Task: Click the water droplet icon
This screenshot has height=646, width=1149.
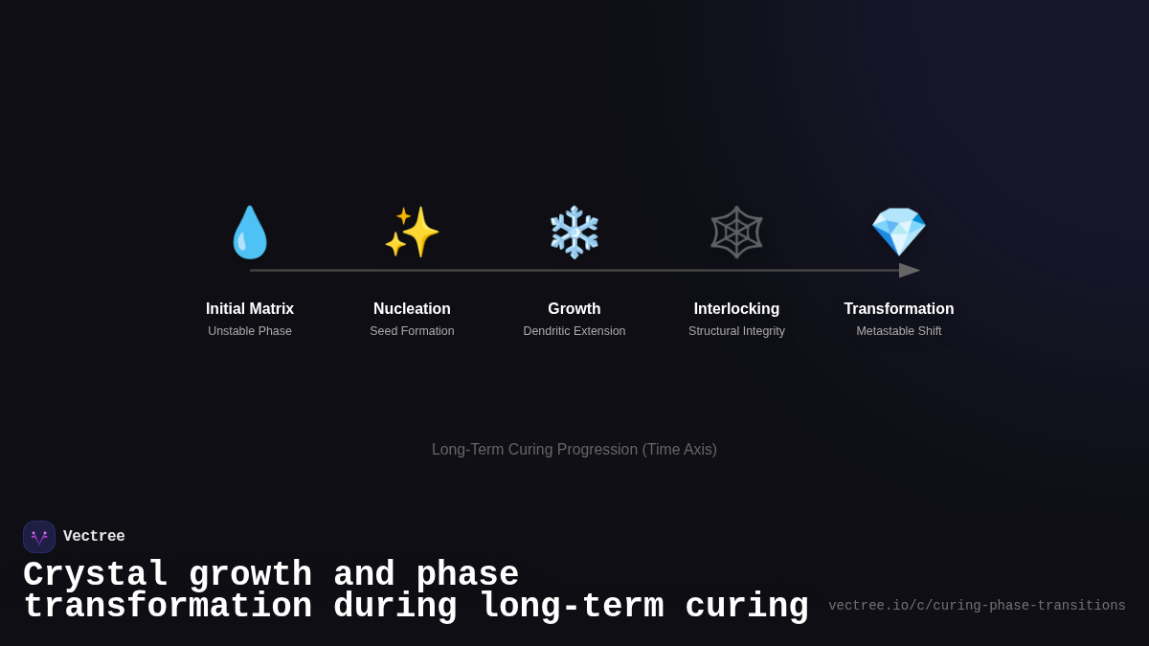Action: pos(250,233)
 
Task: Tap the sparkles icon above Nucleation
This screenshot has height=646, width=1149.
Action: pos(412,232)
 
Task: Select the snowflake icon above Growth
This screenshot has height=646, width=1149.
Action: pos(574,232)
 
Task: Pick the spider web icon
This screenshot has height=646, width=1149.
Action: pos(736,232)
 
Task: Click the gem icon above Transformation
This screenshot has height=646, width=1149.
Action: pos(898,232)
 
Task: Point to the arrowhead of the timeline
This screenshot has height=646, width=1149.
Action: pos(910,271)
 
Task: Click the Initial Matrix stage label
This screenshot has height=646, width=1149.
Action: pos(250,309)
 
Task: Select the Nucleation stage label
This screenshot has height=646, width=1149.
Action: pos(412,309)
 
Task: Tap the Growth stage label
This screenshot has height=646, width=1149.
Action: pos(574,309)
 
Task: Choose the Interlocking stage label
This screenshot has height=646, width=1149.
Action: pos(736,309)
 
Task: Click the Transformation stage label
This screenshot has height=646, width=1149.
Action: pos(898,309)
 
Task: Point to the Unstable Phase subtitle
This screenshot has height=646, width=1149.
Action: pos(250,331)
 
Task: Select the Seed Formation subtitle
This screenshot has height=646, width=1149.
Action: pos(412,331)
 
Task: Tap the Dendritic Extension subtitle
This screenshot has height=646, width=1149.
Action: pos(574,331)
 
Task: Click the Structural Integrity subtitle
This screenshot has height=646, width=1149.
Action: pos(736,331)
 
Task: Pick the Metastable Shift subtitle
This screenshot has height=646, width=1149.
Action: pos(898,331)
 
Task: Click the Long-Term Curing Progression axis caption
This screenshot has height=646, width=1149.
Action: pos(574,450)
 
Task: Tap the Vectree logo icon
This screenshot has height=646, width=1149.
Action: pos(39,537)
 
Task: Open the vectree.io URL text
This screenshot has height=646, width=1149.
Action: pos(977,606)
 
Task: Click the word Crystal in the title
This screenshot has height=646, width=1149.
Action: pos(96,575)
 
